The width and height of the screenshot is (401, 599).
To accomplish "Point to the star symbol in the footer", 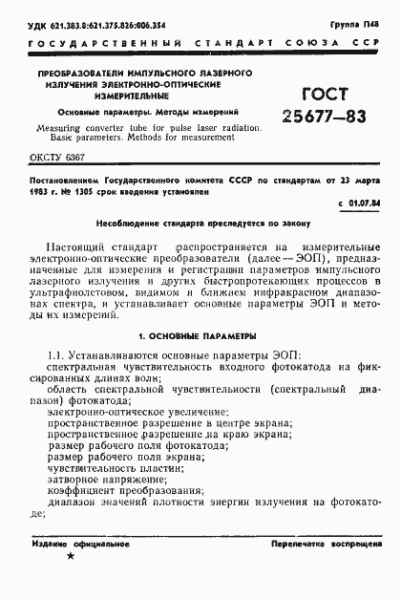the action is pyautogui.click(x=71, y=582).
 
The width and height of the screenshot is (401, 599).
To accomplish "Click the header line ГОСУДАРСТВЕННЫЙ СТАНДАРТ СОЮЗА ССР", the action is pyautogui.click(x=200, y=44).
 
